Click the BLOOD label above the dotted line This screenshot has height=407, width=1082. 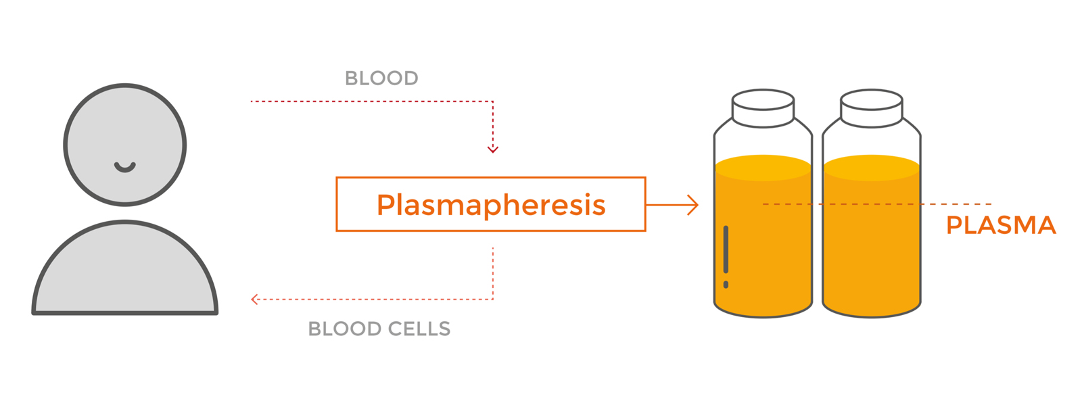381,78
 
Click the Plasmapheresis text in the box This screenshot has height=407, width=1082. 491,205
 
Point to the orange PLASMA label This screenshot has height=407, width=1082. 1001,225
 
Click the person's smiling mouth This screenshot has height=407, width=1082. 125,167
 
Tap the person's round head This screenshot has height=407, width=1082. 125,145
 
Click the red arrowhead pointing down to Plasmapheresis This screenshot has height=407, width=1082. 493,149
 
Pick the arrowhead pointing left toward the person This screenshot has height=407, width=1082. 254,300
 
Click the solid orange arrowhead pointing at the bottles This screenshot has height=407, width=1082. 694,205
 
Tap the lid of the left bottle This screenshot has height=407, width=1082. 763,108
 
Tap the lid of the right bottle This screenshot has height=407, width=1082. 872,108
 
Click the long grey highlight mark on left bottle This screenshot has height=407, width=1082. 726,249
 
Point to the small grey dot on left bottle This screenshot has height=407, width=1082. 726,285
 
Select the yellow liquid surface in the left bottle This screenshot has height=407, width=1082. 763,168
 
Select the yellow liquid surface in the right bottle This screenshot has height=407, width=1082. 872,168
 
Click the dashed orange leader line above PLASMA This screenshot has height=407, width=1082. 877,204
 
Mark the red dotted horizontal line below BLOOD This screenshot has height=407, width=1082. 372,101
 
